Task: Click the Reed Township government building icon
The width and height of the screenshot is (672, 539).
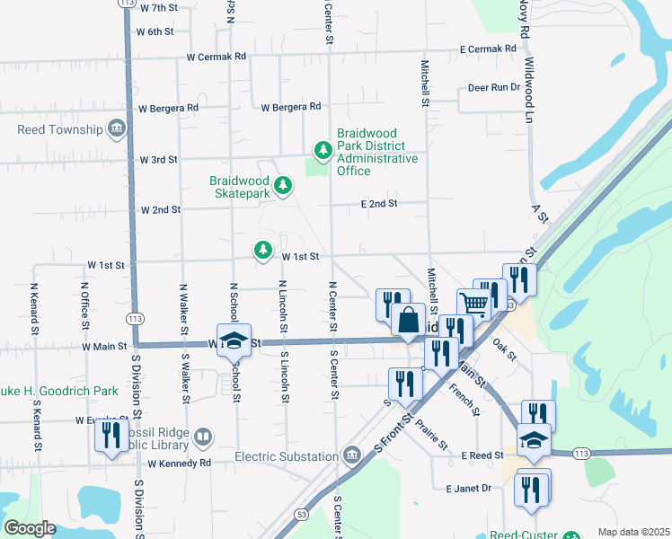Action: click(116, 129)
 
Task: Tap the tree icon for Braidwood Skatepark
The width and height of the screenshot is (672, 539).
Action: click(283, 185)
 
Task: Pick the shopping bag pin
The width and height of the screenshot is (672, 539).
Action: click(408, 319)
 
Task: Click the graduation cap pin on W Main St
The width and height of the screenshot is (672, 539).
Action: click(233, 340)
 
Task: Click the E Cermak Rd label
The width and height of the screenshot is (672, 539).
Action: click(488, 49)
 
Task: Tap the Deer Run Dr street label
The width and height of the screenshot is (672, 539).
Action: click(494, 88)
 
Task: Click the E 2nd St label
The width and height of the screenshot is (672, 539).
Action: click(379, 204)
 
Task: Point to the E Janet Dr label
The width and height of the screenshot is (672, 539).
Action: click(469, 488)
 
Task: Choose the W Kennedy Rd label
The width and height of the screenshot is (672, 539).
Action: click(179, 464)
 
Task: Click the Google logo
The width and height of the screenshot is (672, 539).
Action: click(30, 527)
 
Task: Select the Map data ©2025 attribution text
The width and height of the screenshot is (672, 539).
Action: click(633, 532)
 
